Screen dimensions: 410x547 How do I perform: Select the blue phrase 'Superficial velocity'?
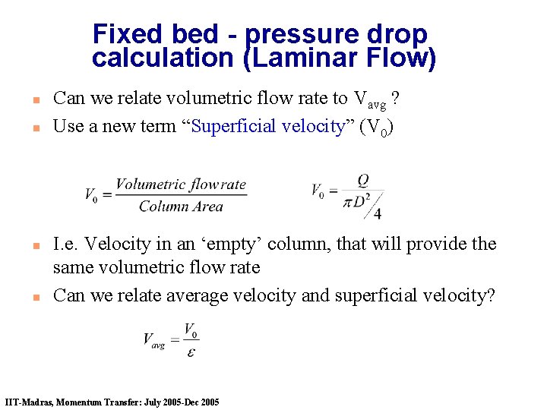point(269,126)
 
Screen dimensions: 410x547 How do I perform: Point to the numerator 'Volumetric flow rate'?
point(181,184)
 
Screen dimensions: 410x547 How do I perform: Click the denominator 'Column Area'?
point(181,206)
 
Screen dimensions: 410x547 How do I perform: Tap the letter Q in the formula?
point(362,180)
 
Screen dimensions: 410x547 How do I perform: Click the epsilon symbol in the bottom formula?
point(191,352)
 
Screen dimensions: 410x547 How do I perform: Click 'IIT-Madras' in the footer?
point(28,402)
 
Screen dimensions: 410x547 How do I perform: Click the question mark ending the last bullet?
point(490,295)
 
